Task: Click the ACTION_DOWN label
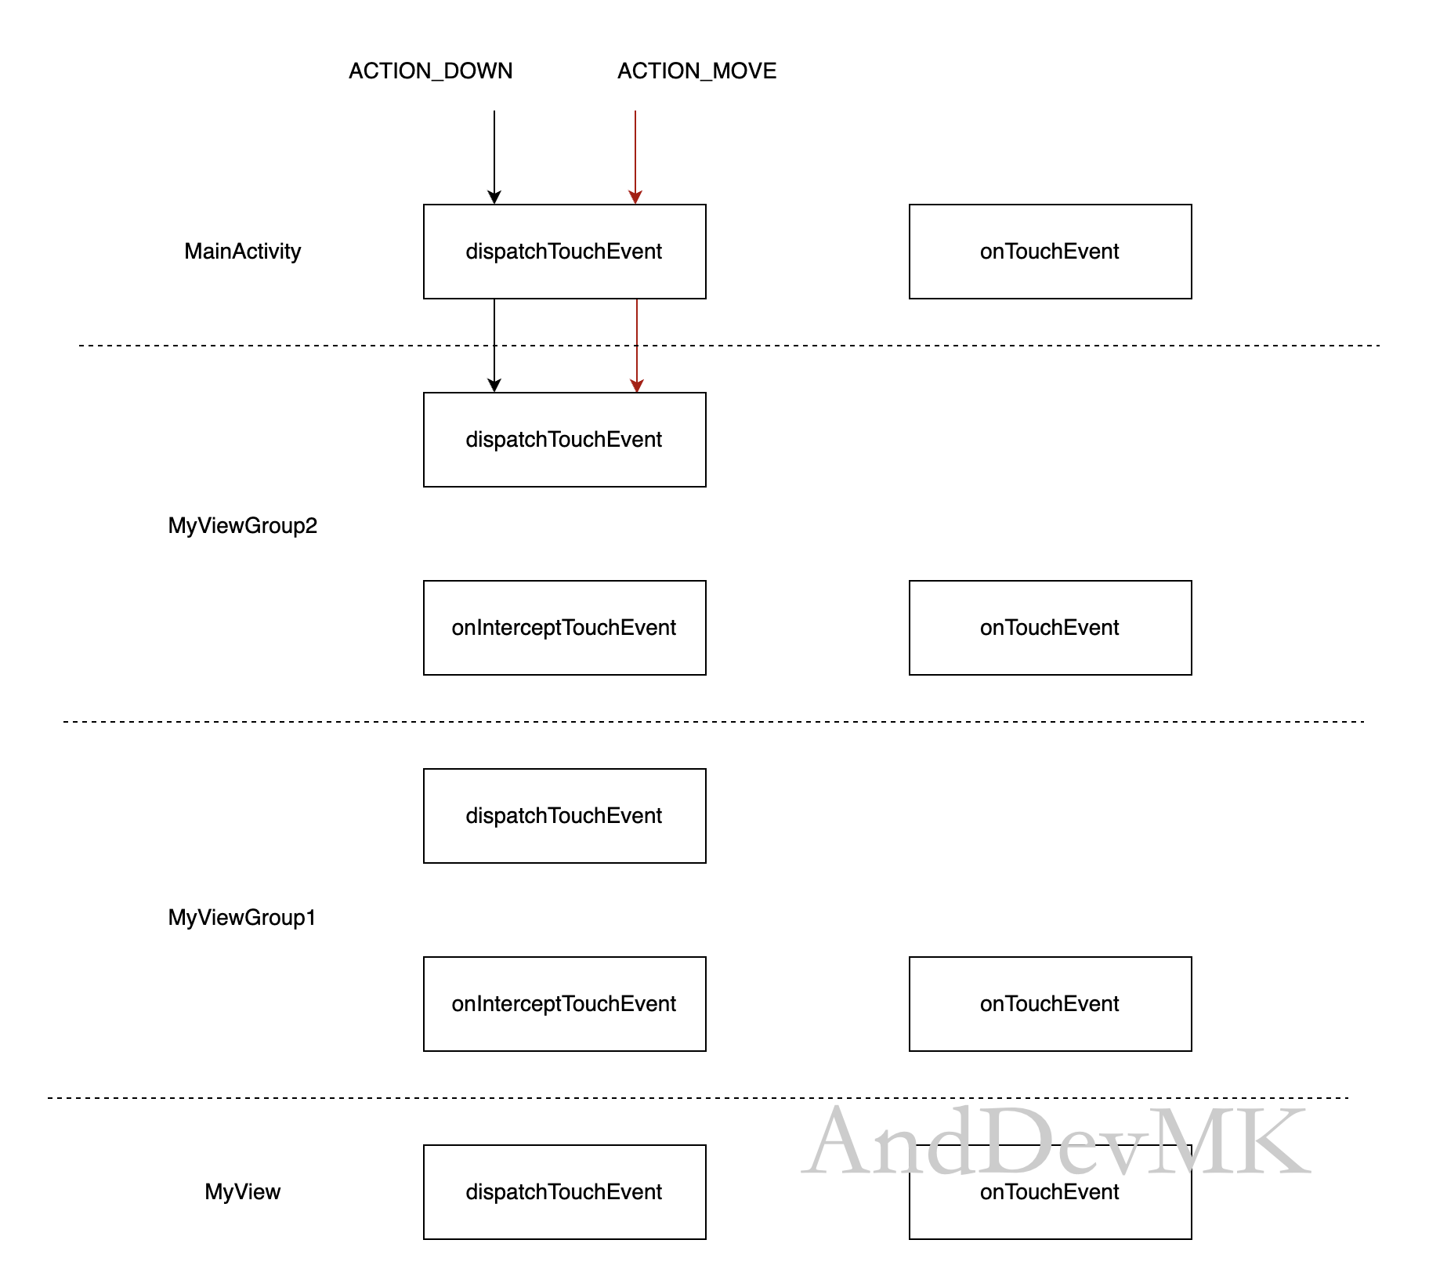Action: pos(430,71)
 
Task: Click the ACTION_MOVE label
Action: pos(696,71)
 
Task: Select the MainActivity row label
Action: pos(242,252)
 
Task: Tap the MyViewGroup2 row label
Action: pos(242,526)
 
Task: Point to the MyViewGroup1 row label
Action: pos(242,918)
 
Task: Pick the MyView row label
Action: pos(242,1192)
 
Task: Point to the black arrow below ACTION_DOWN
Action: pos(494,158)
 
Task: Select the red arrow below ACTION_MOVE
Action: pos(635,158)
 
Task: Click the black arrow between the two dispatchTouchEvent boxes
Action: pos(494,346)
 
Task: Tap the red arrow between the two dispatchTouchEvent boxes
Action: pos(637,346)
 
